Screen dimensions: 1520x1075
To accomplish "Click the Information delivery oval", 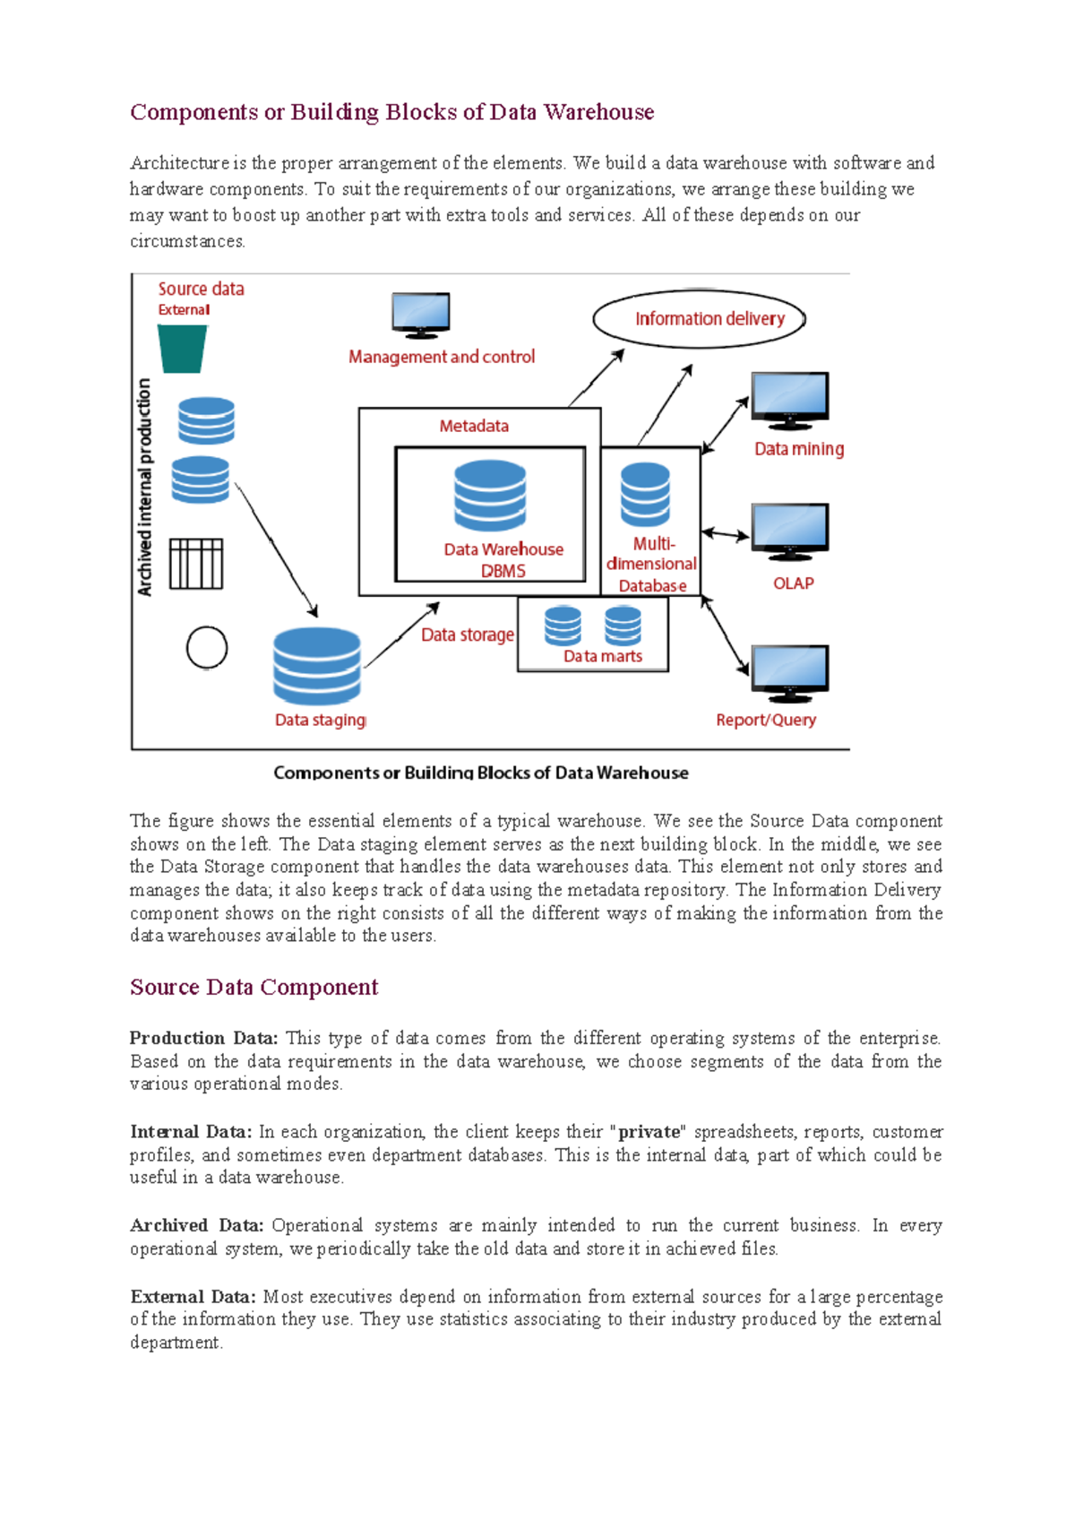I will click(699, 318).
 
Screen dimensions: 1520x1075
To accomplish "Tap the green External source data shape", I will click(182, 349).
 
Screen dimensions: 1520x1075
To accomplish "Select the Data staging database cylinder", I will click(317, 665).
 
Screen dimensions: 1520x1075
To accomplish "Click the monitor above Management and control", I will click(420, 315).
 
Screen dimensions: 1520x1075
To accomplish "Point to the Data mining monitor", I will click(789, 401).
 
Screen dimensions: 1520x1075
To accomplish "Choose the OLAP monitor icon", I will click(789, 531).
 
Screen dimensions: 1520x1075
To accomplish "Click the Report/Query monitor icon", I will click(789, 673).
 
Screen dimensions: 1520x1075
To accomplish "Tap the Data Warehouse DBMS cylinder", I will click(489, 496).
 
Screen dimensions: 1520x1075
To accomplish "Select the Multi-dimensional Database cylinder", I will click(645, 494).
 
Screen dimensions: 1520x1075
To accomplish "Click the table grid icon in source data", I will click(196, 564).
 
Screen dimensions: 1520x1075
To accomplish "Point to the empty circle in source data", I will click(207, 647).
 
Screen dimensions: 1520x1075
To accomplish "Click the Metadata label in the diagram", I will click(474, 427).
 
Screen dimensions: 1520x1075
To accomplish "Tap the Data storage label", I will click(468, 635).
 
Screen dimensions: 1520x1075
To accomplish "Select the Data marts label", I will click(603, 656).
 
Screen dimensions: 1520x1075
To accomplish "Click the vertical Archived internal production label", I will click(145, 487).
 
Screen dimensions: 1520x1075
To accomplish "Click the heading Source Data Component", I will click(254, 987).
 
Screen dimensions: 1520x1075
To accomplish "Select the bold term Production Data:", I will click(203, 1038).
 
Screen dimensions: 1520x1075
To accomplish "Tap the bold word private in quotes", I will click(649, 1132).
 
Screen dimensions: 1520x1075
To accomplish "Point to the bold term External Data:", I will click(193, 1297).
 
